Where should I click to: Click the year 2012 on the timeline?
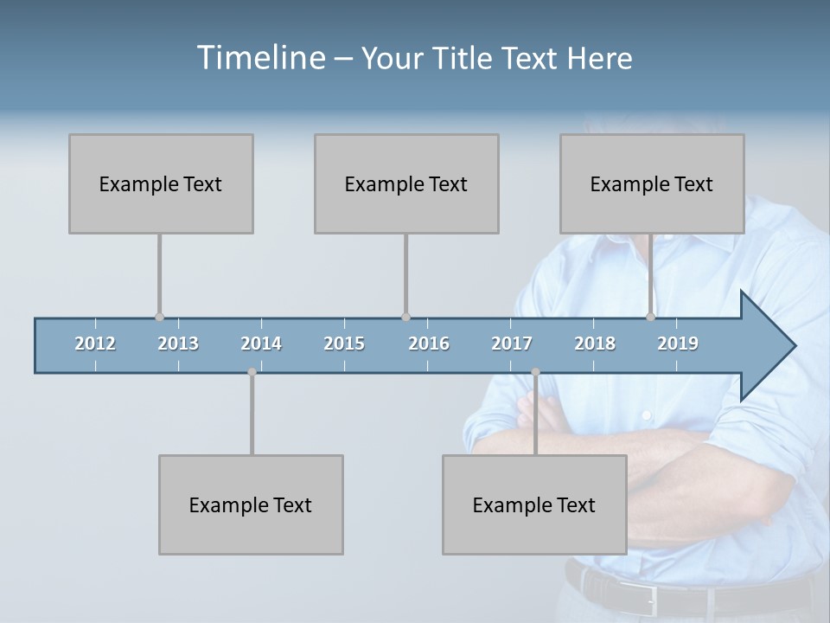[95, 344]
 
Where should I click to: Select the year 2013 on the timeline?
[178, 344]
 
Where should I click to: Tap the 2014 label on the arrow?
[261, 344]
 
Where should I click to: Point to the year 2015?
[344, 344]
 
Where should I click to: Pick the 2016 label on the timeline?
[429, 344]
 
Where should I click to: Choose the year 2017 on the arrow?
[512, 344]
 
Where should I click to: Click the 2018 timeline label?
[595, 344]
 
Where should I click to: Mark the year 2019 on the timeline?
[678, 344]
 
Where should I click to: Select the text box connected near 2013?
[161, 183]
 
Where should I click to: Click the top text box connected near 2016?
[406, 183]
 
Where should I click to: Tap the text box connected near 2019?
[652, 183]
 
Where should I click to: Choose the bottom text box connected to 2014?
[251, 504]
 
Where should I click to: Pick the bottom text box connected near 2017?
[534, 504]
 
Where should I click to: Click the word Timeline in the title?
[259, 58]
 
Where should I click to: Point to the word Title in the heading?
[464, 58]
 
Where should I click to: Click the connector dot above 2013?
[159, 317]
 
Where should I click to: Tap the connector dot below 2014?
[252, 372]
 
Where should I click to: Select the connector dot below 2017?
[535, 372]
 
